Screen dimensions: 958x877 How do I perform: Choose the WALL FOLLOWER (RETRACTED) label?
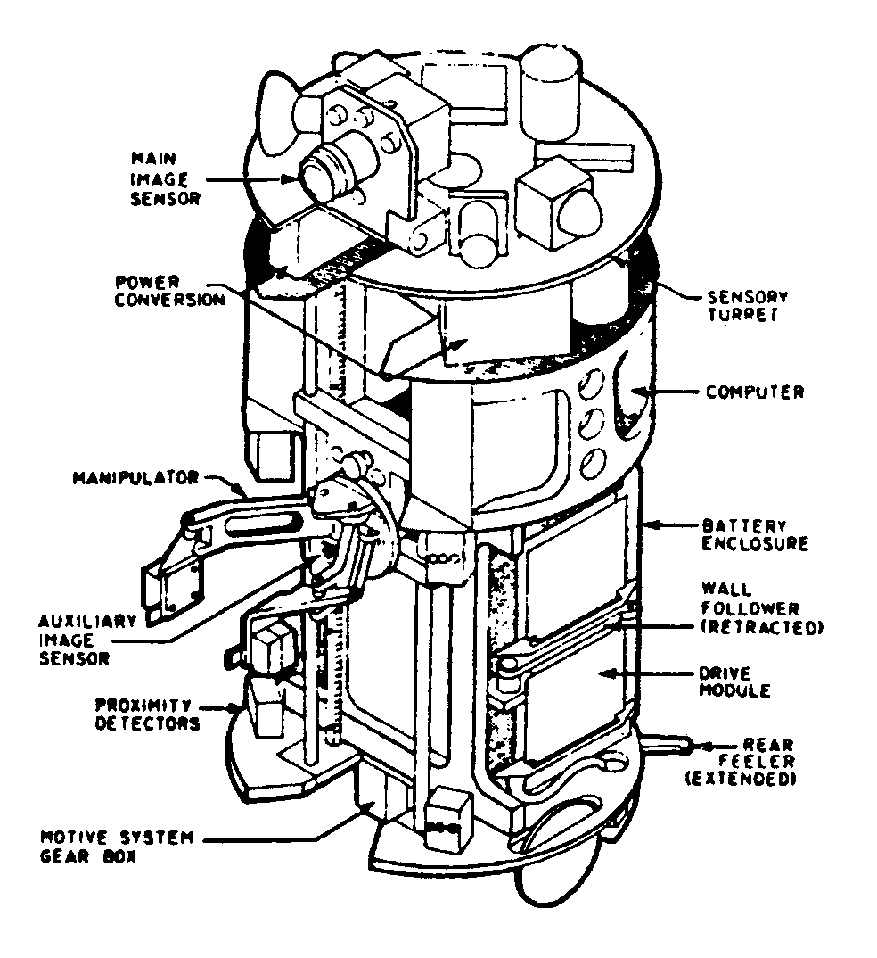pos(761,608)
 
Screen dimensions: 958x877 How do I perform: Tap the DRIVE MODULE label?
pos(746,681)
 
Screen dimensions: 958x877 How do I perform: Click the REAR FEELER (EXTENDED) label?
pos(761,762)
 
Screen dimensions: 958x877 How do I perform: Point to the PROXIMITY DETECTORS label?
pos(147,714)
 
